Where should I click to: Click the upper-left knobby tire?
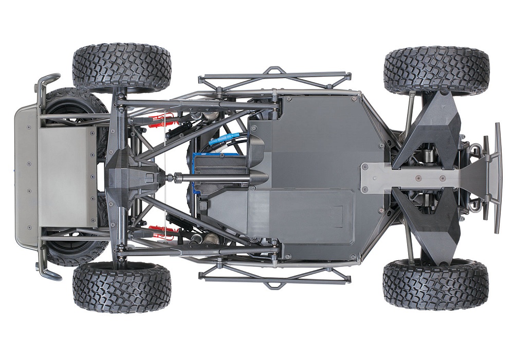click(121, 67)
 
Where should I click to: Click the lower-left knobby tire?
click(121, 288)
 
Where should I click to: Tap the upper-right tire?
click(436, 70)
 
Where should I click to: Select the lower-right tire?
click(435, 284)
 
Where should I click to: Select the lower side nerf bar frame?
click(276, 278)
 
